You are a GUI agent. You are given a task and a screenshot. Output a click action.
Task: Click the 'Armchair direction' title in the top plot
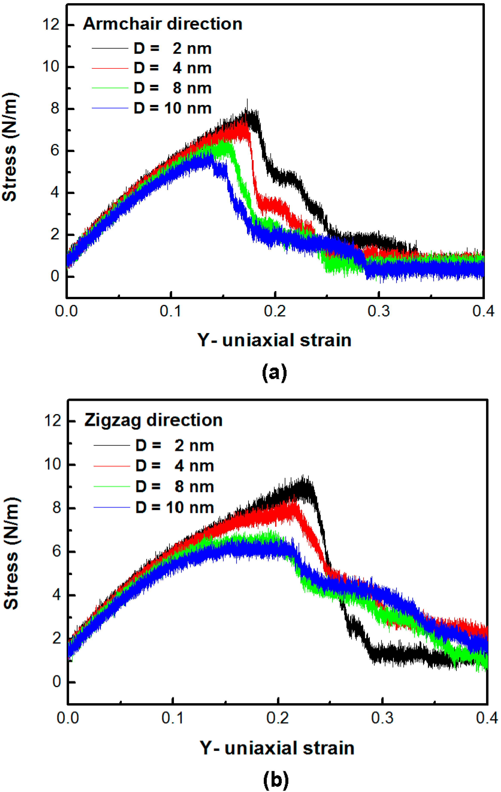coord(162,24)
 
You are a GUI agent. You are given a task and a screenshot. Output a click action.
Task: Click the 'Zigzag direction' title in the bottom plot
coord(153,420)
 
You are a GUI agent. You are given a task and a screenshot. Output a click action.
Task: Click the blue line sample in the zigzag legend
coord(112,508)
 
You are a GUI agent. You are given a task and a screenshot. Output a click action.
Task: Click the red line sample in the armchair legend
coord(110,68)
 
